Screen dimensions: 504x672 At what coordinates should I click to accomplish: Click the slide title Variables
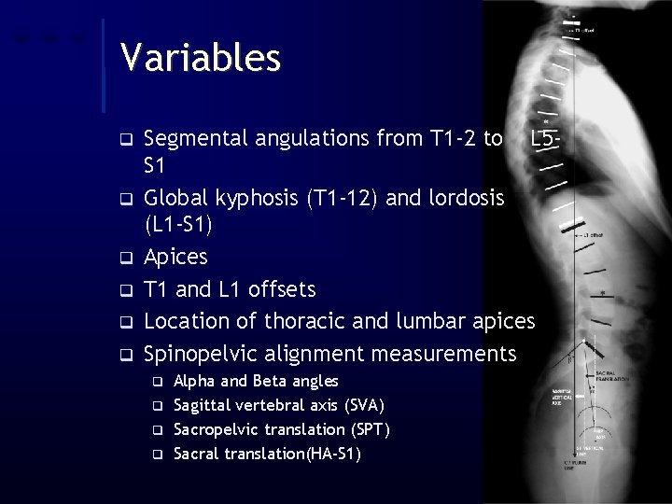click(200, 58)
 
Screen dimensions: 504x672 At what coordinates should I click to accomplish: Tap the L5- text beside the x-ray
click(543, 140)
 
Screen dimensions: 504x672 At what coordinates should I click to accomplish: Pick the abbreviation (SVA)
click(365, 405)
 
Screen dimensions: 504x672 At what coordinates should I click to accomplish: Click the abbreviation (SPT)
click(370, 429)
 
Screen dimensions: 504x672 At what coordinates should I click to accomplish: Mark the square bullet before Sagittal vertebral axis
click(158, 406)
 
